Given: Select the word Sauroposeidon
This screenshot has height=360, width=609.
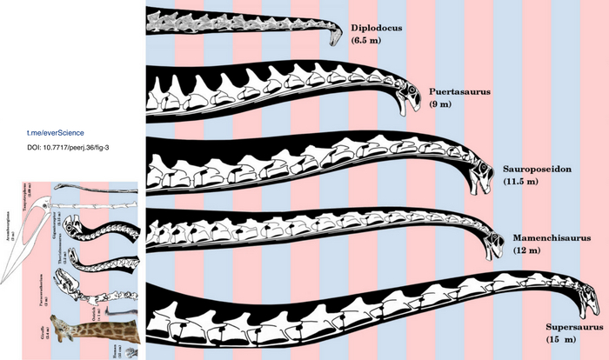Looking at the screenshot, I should [x=536, y=169].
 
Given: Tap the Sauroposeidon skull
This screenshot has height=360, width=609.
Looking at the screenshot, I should [x=481, y=176].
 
